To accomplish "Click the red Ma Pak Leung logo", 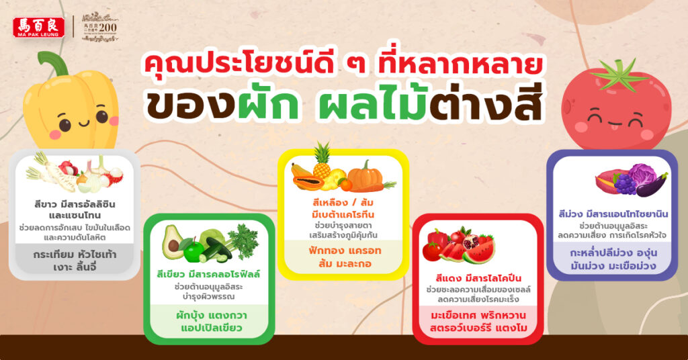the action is point(38,27).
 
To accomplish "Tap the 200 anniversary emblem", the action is point(100,27).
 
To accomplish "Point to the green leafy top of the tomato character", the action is point(619,75).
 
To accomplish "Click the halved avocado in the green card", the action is point(173,242).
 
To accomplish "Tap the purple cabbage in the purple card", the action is point(642,174).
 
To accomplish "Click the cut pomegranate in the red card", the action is point(470,242).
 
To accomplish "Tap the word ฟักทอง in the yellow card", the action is point(323,251).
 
